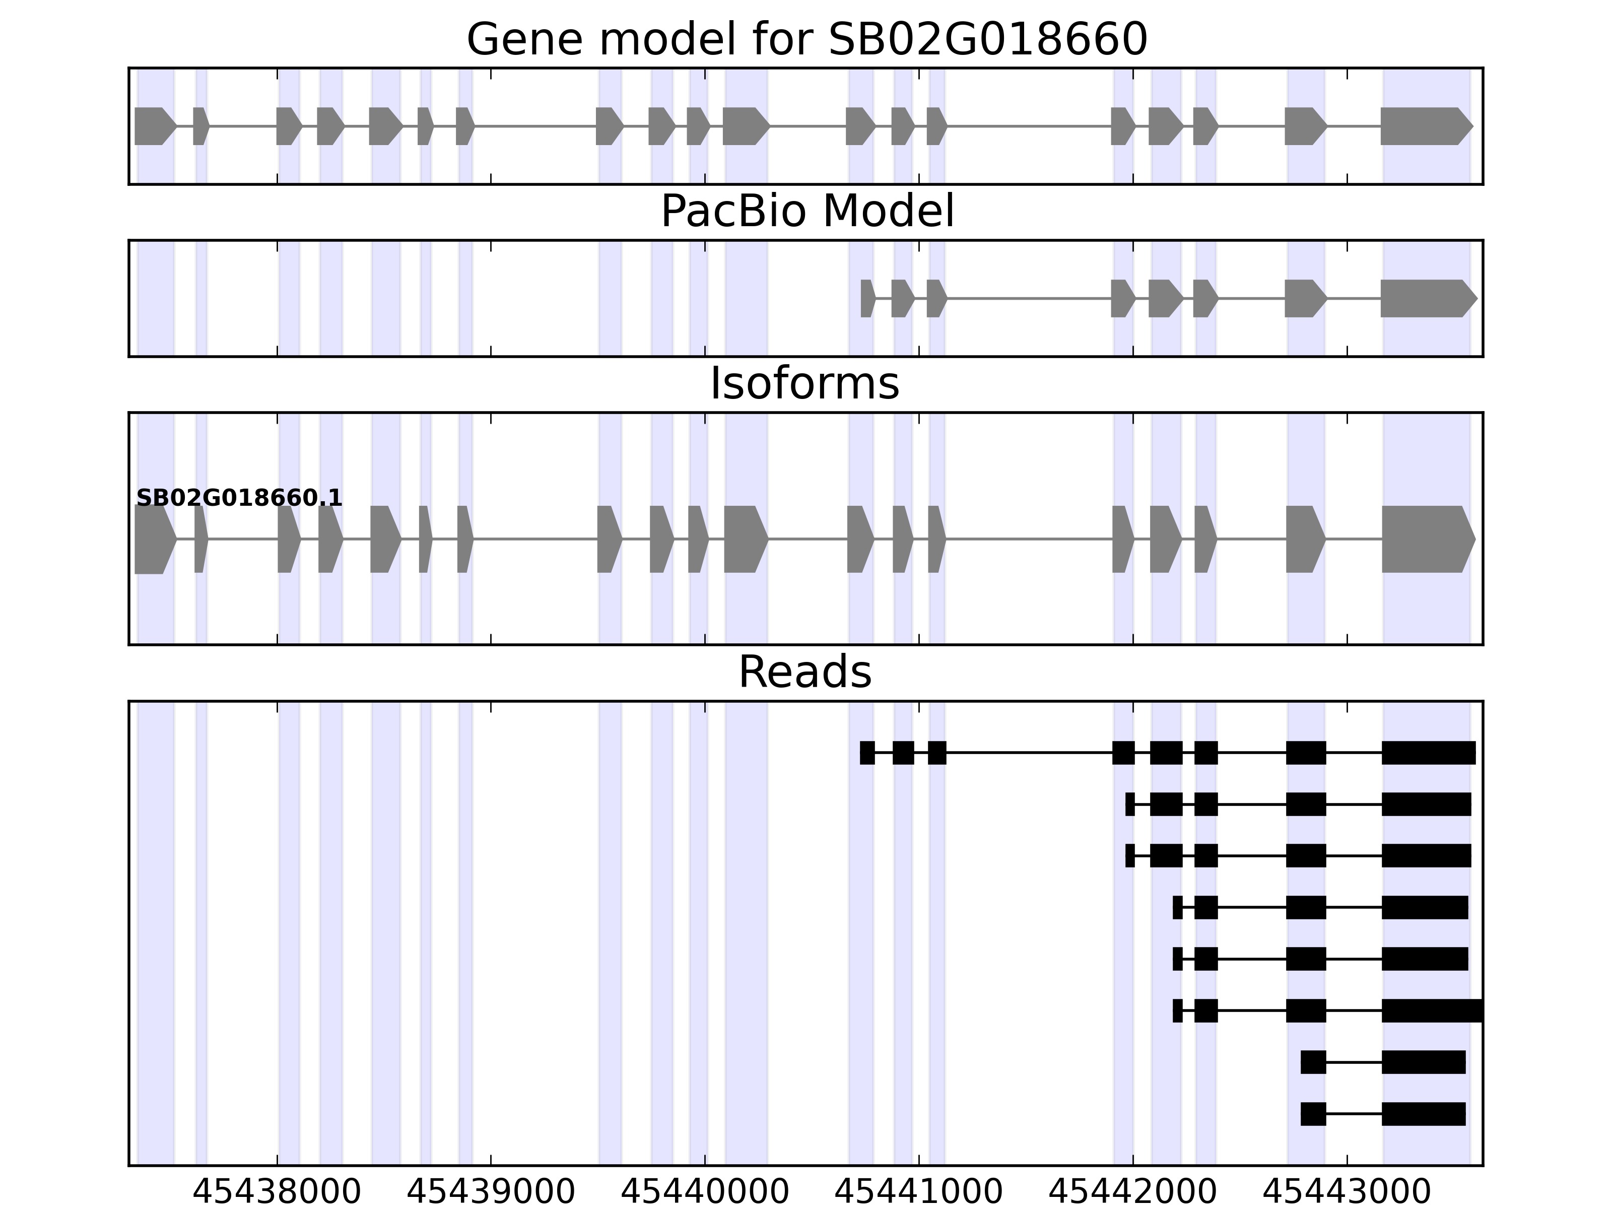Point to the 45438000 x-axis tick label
(277, 1193)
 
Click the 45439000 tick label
(491, 1193)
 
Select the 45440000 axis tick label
(705, 1193)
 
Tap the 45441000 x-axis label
(918, 1193)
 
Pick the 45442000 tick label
(1132, 1193)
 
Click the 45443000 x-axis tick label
(1347, 1193)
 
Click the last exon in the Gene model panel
(1425, 126)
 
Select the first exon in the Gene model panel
(153, 126)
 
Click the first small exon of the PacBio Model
(866, 298)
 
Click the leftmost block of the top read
(866, 753)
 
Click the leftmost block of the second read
(1129, 804)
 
